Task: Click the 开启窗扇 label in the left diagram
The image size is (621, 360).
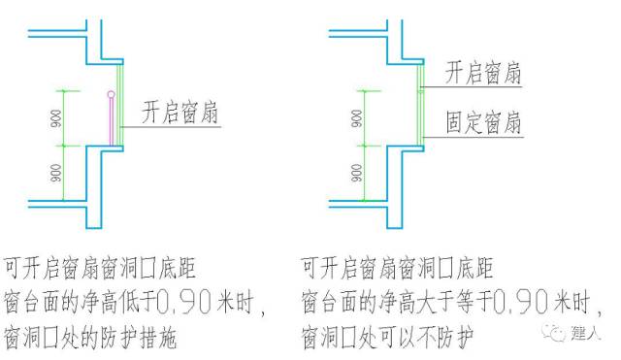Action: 180,110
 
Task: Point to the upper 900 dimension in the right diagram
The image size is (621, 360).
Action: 359,117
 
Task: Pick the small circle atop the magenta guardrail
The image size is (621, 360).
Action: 112,94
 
